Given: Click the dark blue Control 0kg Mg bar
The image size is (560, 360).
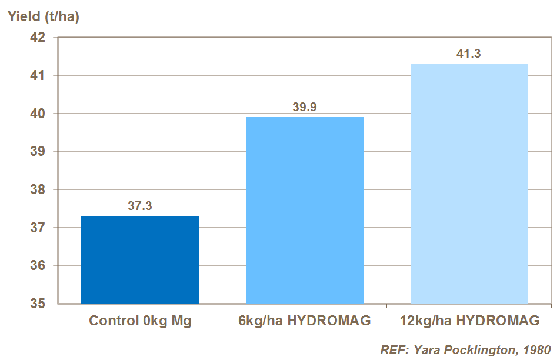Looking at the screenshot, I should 140,259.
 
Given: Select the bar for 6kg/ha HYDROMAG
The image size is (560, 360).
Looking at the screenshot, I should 304,210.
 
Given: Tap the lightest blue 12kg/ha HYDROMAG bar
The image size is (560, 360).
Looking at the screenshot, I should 469,184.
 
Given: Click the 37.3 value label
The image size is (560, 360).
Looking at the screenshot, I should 140,206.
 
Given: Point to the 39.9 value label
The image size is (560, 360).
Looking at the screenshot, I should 304,107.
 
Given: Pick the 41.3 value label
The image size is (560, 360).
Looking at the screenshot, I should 469,54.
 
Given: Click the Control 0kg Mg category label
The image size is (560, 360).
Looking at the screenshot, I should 140,321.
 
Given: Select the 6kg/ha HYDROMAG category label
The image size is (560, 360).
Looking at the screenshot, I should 304,321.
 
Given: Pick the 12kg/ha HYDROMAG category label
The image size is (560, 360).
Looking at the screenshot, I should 469,321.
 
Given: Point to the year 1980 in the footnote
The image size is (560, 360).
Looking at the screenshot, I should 538,350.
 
